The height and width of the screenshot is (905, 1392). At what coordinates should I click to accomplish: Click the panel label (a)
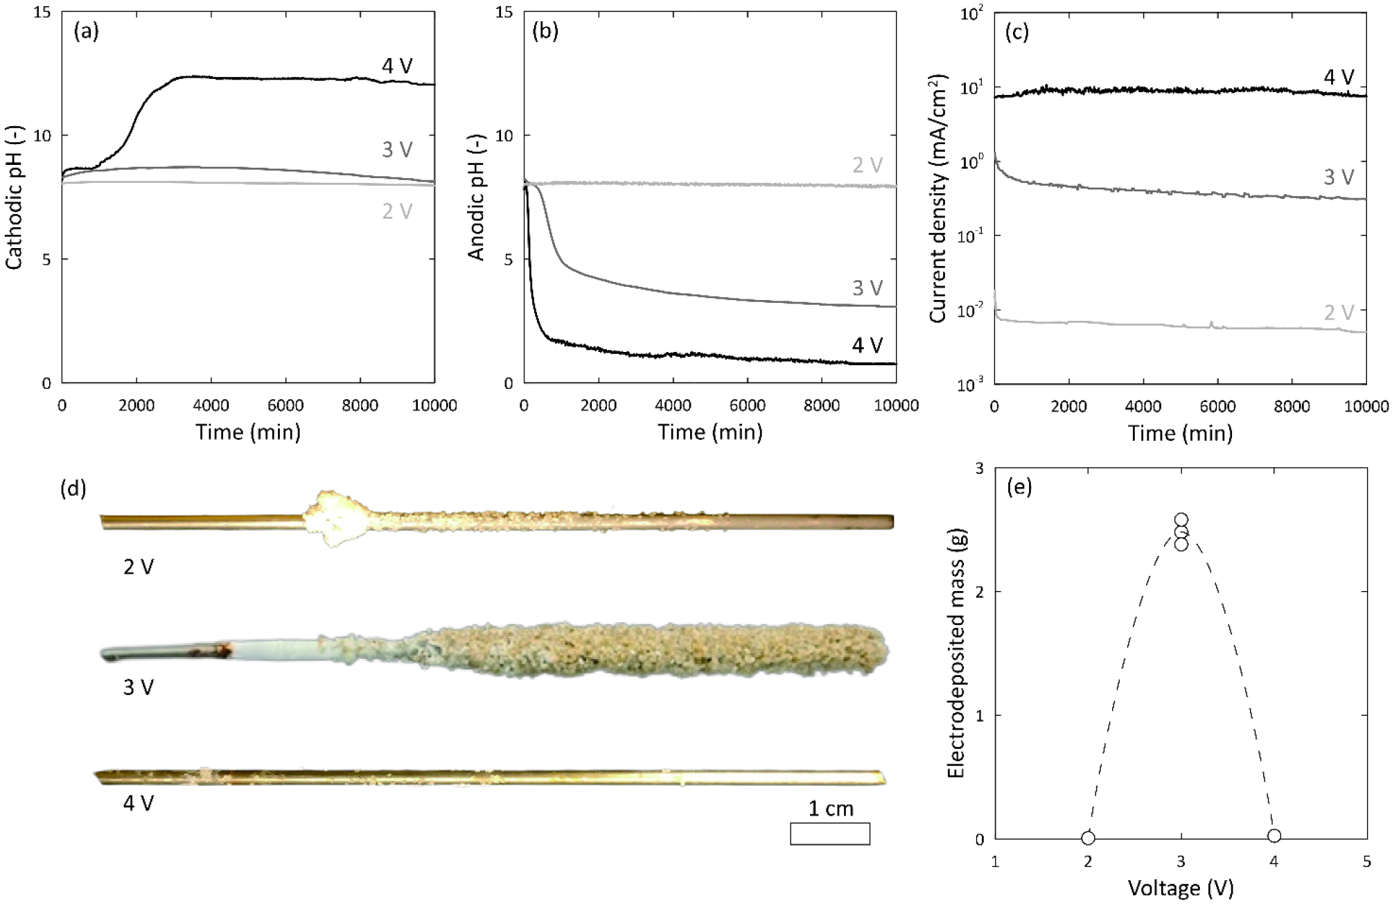[86, 32]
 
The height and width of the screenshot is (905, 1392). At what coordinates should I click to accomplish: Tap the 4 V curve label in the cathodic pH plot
[397, 66]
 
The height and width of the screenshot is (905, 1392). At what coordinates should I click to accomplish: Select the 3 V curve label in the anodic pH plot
[867, 288]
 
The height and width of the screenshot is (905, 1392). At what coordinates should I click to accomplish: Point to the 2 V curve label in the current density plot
[1338, 313]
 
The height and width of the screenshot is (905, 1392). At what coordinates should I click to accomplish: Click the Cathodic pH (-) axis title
[14, 197]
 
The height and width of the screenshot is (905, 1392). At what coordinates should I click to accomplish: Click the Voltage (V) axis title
[1181, 888]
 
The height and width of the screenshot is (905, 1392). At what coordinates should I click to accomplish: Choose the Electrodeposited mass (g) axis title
[956, 653]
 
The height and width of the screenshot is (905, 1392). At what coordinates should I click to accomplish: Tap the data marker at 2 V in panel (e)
[1088, 838]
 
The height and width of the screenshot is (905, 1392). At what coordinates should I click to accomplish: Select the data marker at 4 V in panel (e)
[1274, 836]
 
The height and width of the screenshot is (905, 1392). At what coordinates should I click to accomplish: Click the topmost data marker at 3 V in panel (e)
[1181, 520]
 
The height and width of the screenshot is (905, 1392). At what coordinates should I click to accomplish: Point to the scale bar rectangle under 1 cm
[830, 834]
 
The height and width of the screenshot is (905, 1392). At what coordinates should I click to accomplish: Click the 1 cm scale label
[831, 808]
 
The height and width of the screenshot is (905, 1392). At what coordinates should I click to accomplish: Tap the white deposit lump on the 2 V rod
[336, 519]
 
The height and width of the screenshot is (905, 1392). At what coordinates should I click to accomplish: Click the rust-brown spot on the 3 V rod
[221, 651]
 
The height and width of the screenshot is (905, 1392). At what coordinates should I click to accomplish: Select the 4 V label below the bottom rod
[139, 803]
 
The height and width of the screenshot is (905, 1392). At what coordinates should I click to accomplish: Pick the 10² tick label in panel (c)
[971, 14]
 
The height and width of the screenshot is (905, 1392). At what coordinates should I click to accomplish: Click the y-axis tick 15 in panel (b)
[504, 12]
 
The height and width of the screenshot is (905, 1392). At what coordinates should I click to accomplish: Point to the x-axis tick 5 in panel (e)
[1366, 863]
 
